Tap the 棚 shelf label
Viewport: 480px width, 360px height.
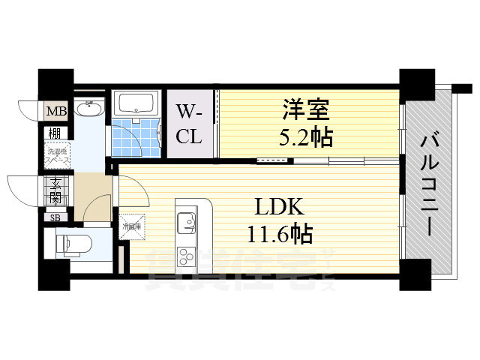55,133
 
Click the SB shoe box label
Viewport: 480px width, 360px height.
55,217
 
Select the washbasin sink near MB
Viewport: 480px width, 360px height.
89,112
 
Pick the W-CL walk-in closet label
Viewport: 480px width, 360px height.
190,124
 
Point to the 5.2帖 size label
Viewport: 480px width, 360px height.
304,137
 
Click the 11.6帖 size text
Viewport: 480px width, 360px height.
280,233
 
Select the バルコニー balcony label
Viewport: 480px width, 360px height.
430,183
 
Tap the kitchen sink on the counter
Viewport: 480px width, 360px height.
185,221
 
